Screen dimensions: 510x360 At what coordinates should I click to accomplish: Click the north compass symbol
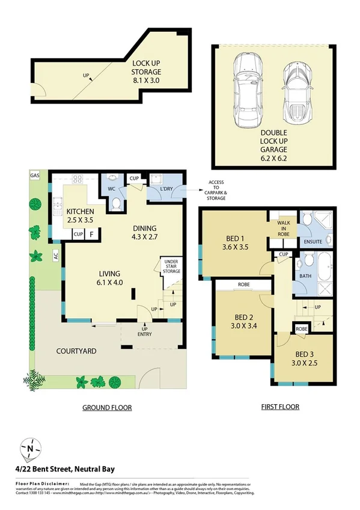click(x=29, y=448)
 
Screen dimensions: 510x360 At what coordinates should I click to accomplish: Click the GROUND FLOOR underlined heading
click(x=107, y=407)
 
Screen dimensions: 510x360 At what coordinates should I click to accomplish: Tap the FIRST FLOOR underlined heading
click(x=279, y=407)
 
